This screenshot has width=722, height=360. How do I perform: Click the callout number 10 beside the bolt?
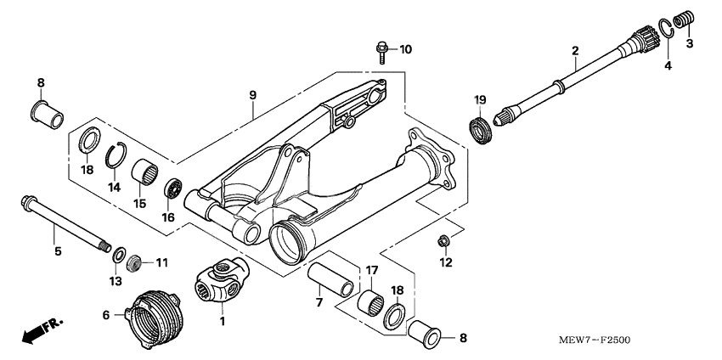[405, 49]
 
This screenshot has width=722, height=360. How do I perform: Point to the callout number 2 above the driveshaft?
[574, 51]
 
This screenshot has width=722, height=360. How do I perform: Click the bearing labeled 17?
[370, 301]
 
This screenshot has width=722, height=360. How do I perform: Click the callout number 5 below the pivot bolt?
[59, 252]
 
